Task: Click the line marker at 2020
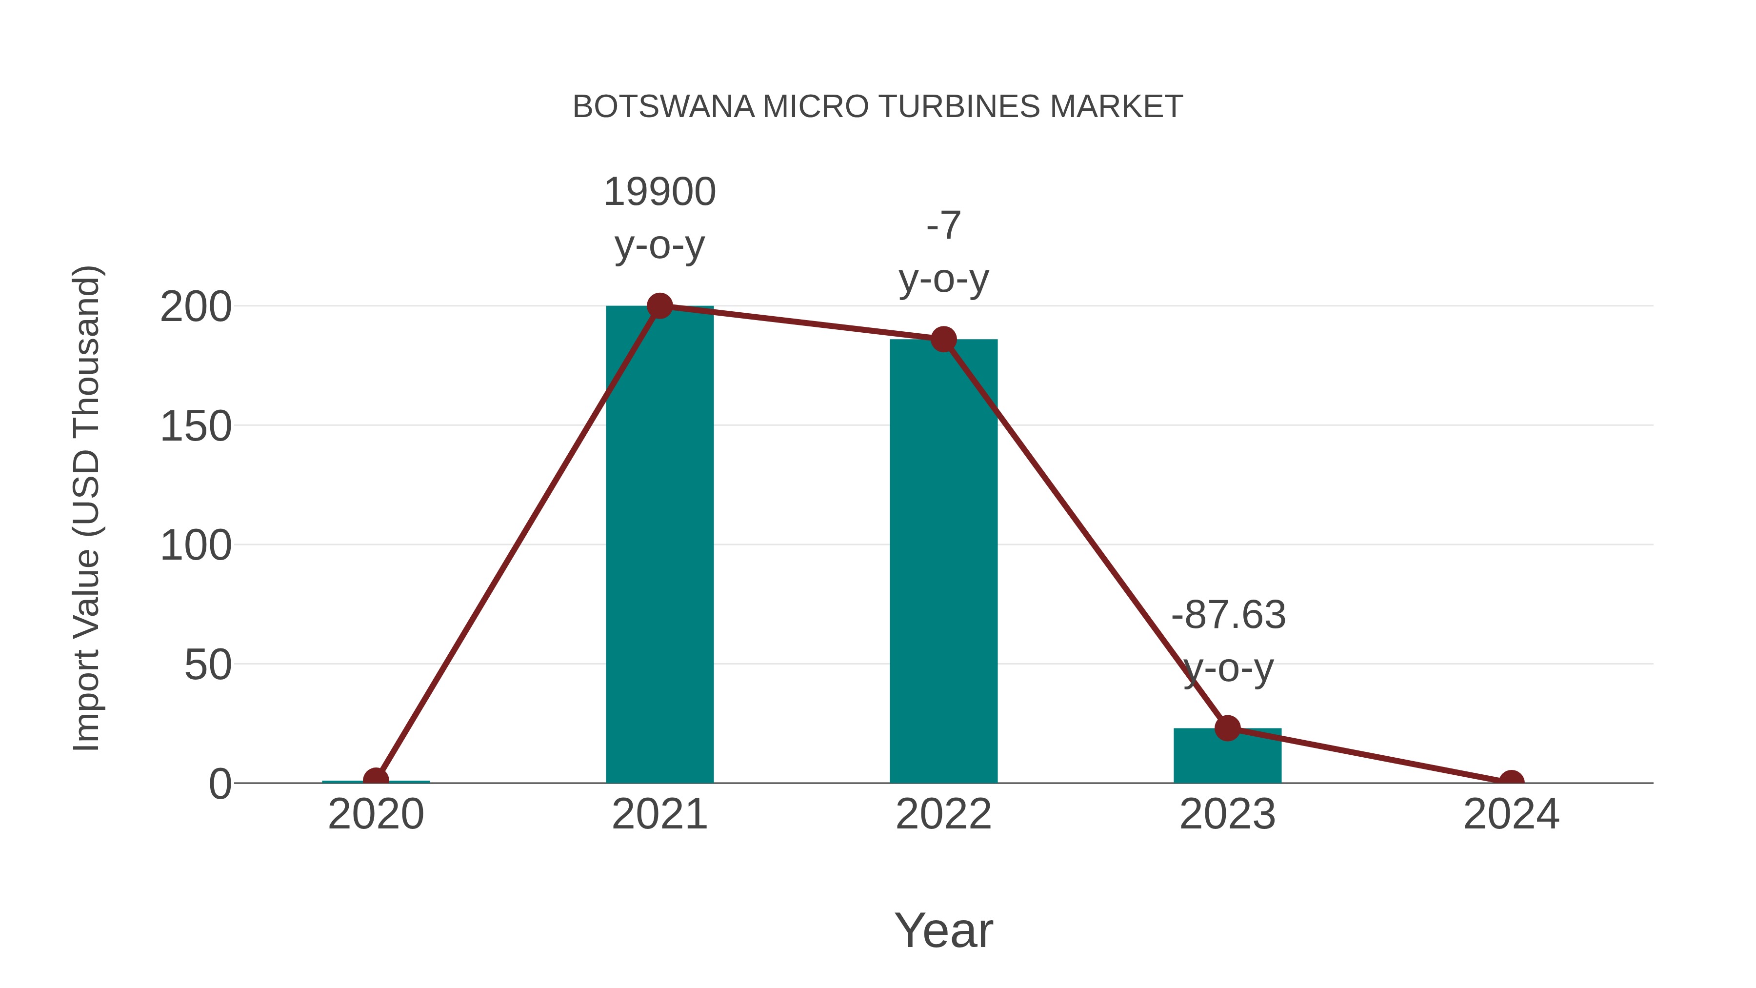point(376,780)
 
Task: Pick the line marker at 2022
point(943,339)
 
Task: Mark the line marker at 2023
point(1227,728)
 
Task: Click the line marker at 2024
point(1511,782)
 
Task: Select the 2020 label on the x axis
point(376,814)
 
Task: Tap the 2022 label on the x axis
point(943,814)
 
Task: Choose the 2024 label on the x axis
point(1511,814)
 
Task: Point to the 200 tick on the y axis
point(196,307)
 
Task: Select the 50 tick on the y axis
point(208,665)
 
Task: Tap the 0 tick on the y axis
point(220,784)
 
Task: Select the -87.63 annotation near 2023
point(1228,615)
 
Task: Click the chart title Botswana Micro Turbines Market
point(878,106)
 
